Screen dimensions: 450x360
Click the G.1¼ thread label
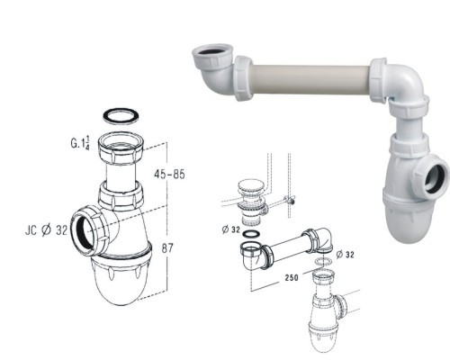80,143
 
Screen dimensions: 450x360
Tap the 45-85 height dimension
169,175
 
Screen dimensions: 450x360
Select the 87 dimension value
167,248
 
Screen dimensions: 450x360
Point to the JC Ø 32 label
46,230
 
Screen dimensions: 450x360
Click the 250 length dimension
292,278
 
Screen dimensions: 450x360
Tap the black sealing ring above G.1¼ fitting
121,117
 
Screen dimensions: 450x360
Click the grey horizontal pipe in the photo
311,78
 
